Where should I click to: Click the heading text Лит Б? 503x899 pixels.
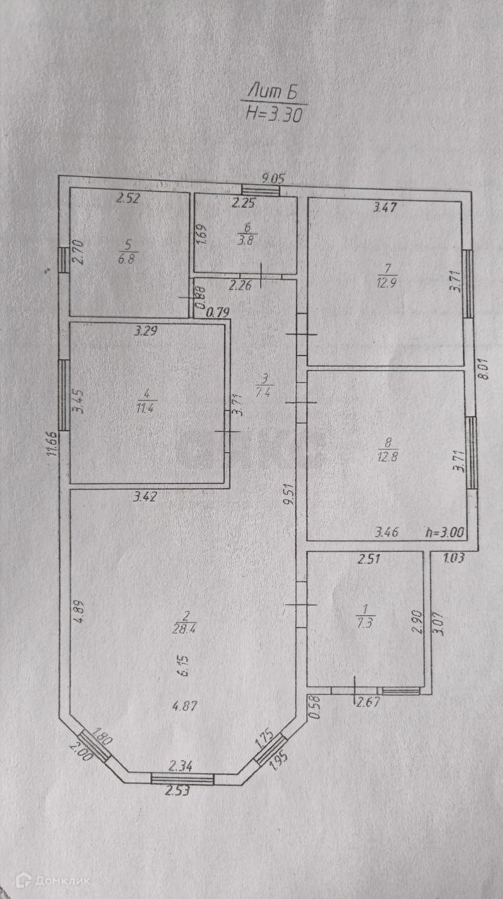(x=276, y=91)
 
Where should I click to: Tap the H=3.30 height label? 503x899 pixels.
(x=275, y=114)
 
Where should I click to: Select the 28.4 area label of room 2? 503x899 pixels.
(x=182, y=626)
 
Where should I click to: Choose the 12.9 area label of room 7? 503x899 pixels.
(x=388, y=282)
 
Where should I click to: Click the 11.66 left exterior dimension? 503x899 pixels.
(x=52, y=444)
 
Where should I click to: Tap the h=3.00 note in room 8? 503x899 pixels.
(x=445, y=532)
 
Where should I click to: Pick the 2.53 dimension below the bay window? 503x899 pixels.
(x=177, y=791)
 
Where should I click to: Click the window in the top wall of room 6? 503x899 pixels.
(x=261, y=189)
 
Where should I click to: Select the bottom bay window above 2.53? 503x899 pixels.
(x=183, y=777)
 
